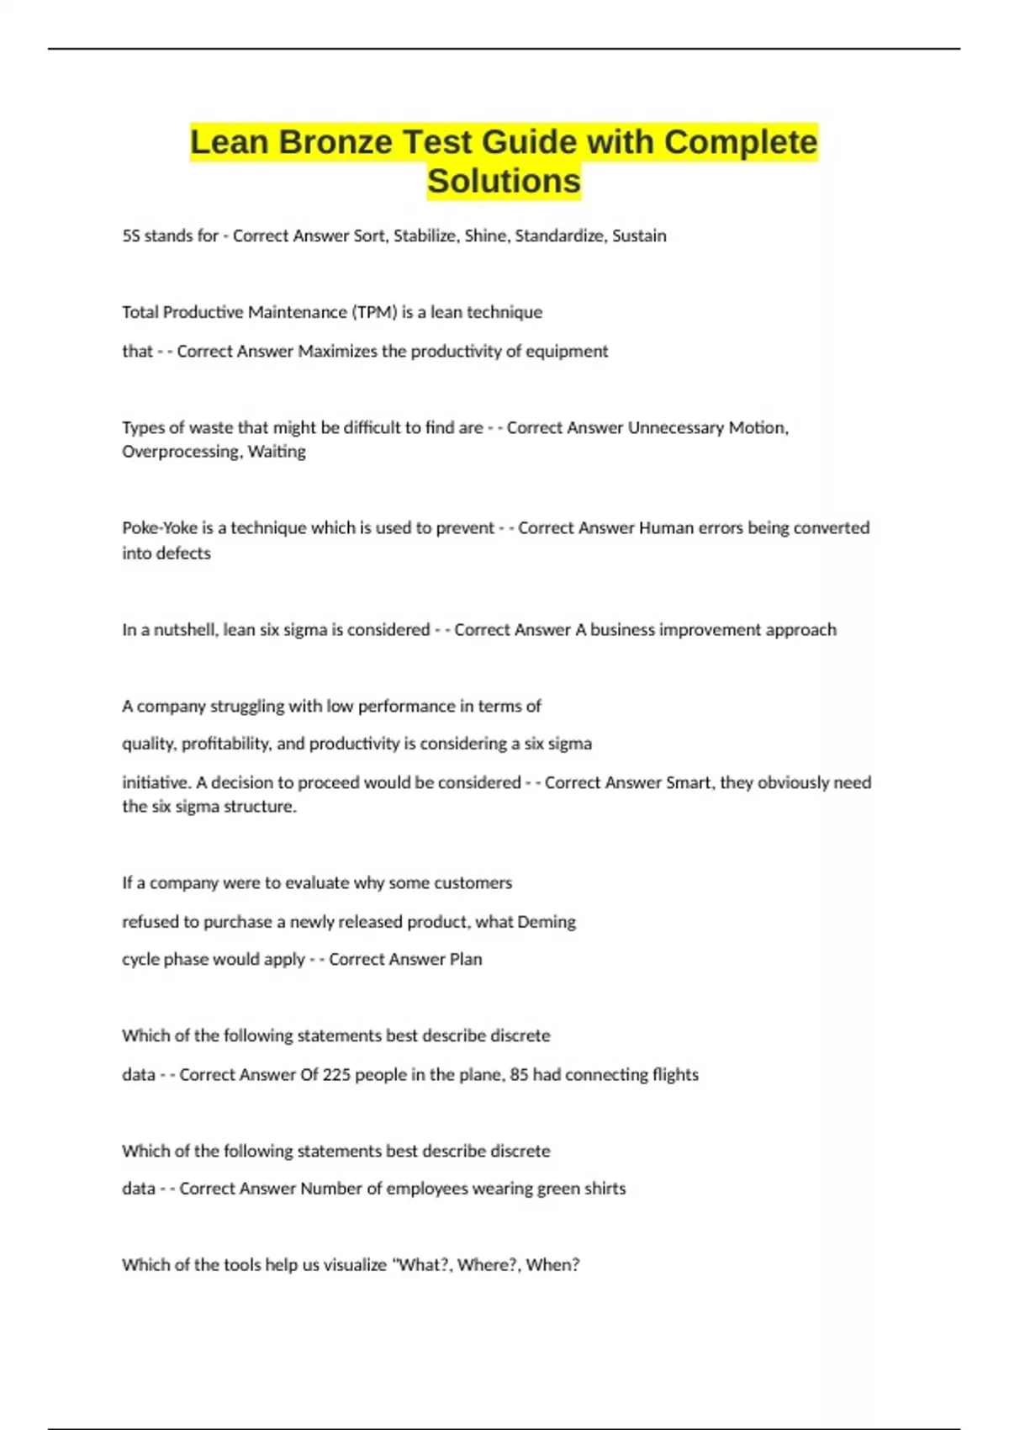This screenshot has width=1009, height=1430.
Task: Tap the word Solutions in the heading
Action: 504,181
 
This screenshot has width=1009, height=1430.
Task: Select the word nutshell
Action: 184,630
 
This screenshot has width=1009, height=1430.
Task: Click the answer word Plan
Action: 466,960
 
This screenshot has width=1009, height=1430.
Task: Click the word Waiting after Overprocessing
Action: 277,452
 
